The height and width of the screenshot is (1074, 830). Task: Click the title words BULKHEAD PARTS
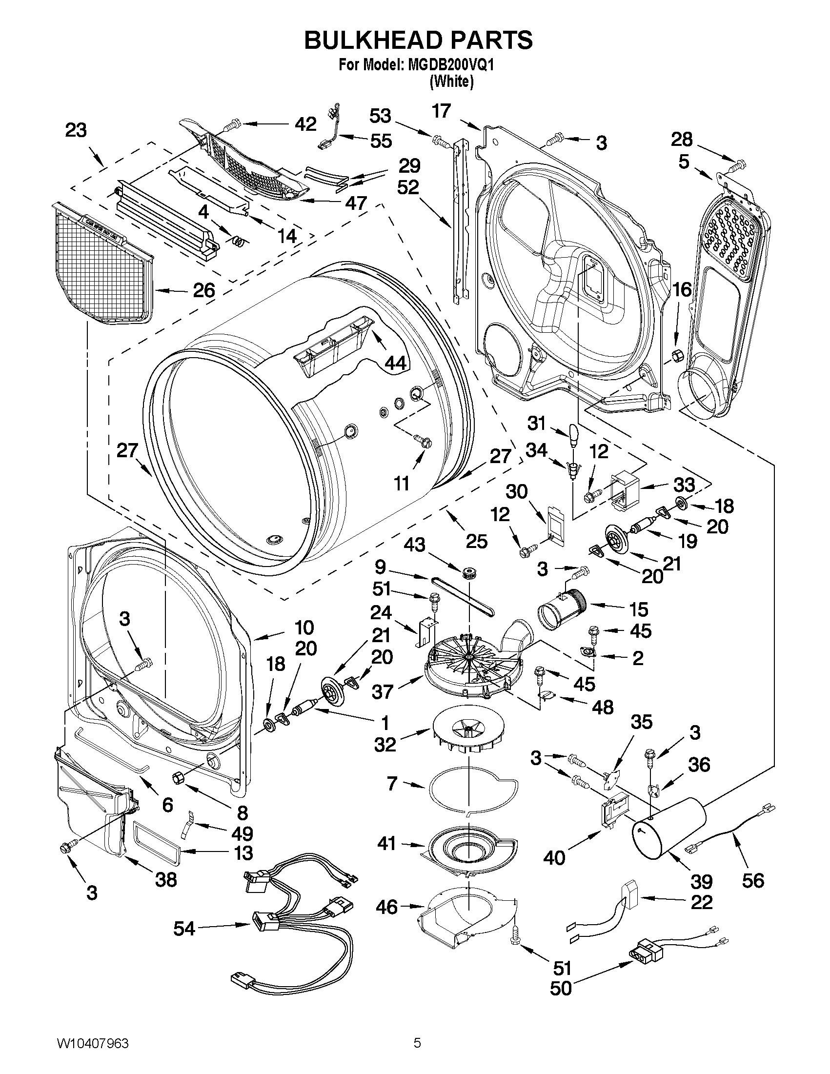click(418, 41)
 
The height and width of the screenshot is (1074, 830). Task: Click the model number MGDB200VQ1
click(450, 66)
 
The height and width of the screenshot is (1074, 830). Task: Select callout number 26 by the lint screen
click(203, 290)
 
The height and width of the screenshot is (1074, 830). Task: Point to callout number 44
click(395, 363)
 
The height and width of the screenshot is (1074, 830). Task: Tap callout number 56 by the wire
click(753, 880)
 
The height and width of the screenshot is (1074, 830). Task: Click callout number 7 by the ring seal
click(391, 783)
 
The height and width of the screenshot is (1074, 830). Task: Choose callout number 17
click(441, 111)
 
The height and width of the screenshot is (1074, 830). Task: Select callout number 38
click(166, 880)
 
